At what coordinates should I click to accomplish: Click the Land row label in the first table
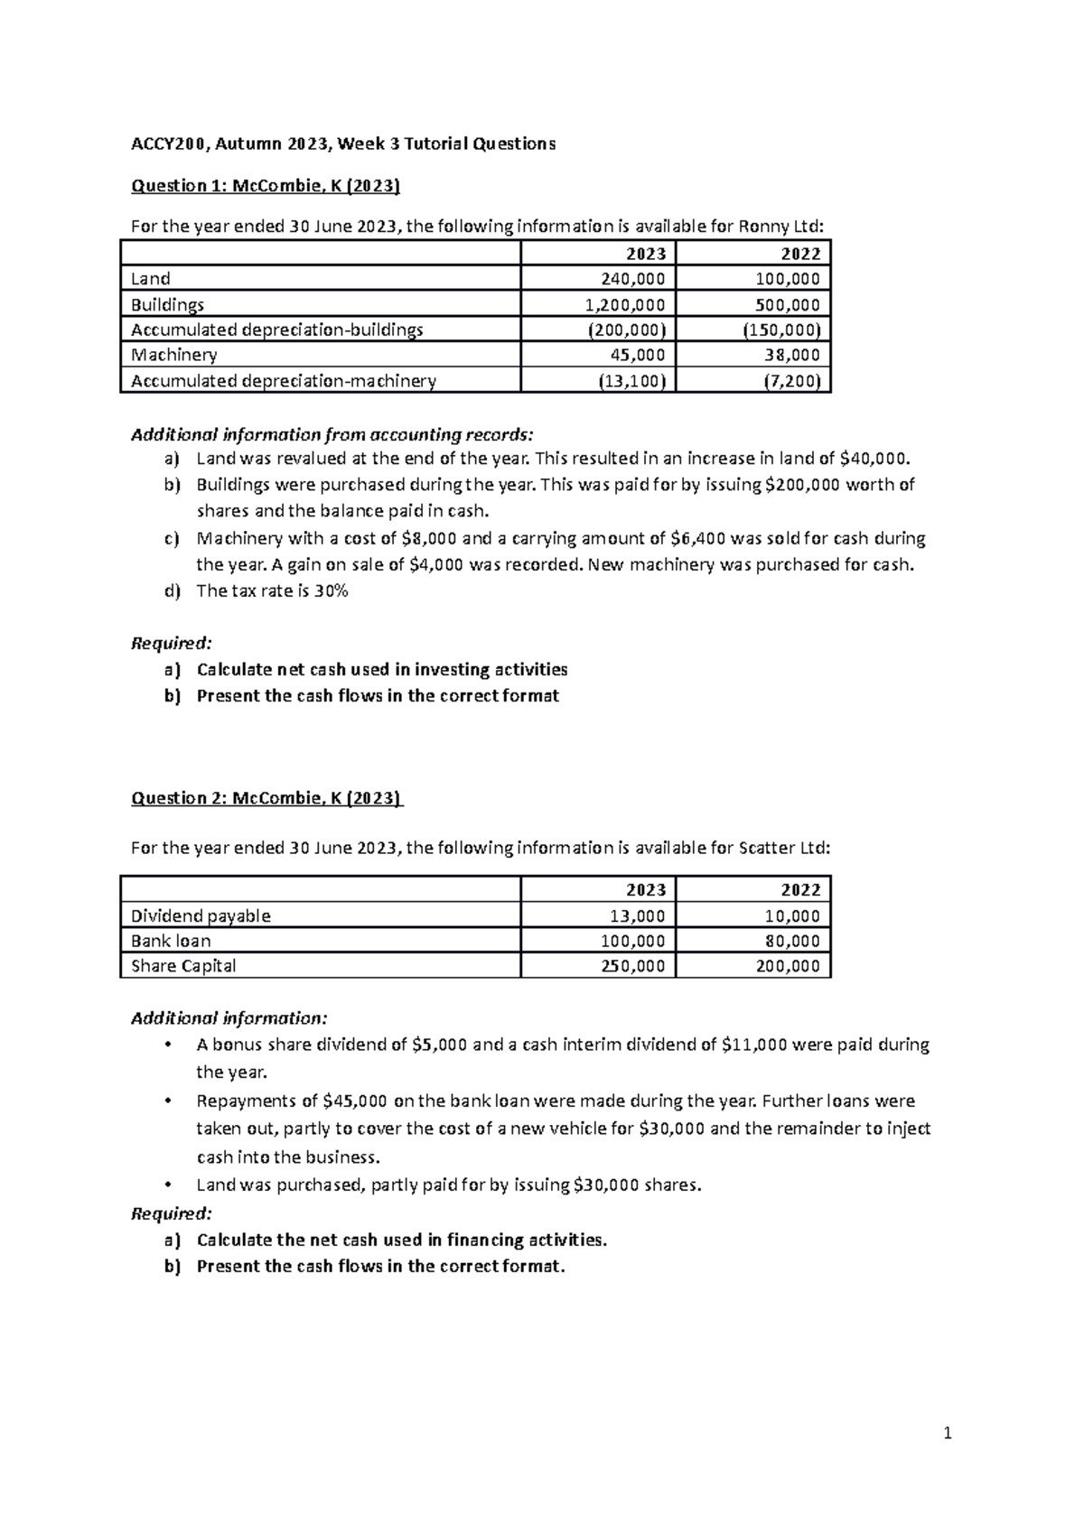pos(151,279)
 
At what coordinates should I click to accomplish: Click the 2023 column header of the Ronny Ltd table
pos(646,254)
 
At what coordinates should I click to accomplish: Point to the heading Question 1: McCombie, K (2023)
pos(266,186)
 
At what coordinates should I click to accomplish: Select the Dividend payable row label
pos(201,915)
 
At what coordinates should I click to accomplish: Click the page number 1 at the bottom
pos(948,1433)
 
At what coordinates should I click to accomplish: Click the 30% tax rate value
pos(331,591)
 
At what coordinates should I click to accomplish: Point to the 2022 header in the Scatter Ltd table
pos(800,890)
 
